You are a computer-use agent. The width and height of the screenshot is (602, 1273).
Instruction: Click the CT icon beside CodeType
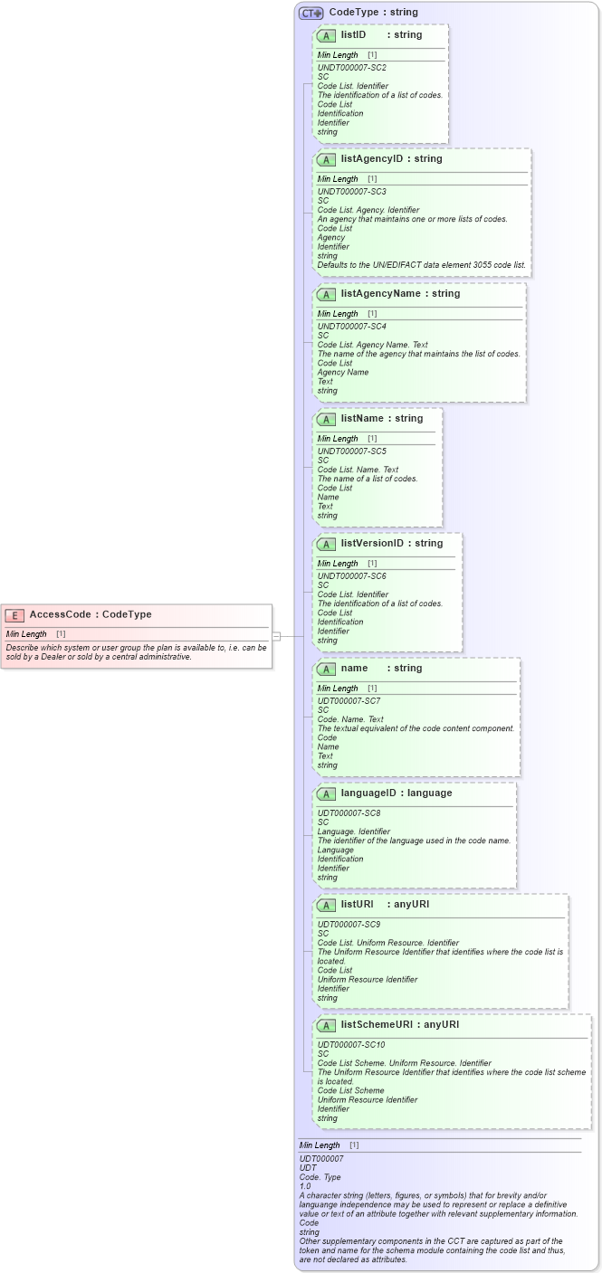311,13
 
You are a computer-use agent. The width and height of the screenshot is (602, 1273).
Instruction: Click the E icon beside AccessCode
14,615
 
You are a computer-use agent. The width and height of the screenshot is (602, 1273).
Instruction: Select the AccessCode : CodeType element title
91,615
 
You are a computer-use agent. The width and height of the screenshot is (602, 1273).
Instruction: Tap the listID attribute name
353,35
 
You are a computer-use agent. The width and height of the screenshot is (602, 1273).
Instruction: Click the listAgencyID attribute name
371,159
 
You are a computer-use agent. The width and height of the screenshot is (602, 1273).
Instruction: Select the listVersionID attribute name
372,544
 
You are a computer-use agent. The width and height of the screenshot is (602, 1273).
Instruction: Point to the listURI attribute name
357,905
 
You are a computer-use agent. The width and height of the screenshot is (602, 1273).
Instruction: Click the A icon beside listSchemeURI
326,1025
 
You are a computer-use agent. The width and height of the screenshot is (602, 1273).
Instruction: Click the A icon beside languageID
326,793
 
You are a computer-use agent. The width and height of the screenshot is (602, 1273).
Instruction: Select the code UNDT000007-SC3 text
348,192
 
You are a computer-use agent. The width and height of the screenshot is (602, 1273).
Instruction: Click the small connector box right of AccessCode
277,636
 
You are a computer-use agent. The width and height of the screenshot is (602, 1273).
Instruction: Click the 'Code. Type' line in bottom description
320,1177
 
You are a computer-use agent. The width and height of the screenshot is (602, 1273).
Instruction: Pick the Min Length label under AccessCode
26,634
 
